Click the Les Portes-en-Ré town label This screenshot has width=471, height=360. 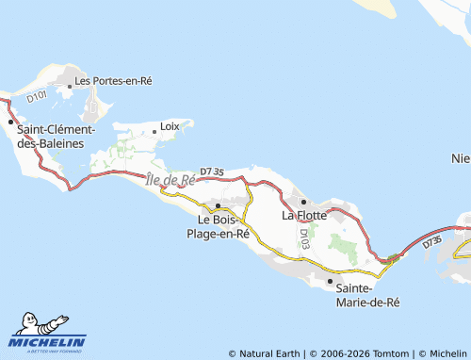[113, 81]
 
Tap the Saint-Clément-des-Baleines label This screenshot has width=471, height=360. [51, 136]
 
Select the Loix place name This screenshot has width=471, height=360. [170, 125]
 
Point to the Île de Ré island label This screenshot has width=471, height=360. [171, 179]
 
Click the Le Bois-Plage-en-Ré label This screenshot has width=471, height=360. [218, 226]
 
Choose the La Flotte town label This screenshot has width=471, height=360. [304, 215]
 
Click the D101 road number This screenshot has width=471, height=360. [37, 95]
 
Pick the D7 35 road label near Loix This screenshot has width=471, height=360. [212, 172]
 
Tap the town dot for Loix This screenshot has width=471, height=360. [154, 132]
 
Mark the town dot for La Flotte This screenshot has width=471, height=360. [303, 202]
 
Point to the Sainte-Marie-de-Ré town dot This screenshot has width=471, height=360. [330, 281]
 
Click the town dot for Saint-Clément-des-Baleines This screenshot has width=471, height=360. [11, 122]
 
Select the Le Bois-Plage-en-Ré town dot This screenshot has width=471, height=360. [219, 205]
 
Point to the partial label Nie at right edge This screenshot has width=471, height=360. [461, 157]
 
